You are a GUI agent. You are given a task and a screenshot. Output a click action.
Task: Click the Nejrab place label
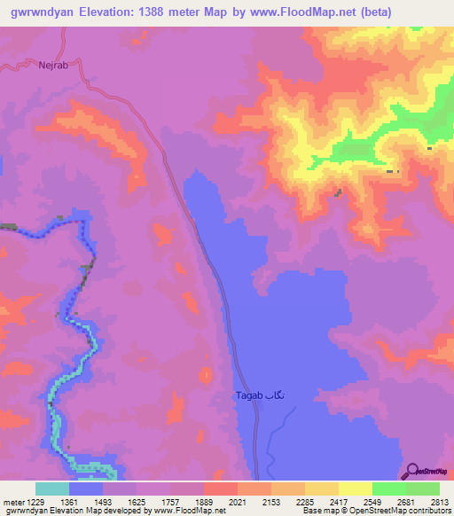coord(53,65)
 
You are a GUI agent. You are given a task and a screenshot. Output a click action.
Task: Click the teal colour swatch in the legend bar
coord(52,489)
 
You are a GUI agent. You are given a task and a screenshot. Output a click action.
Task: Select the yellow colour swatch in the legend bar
coord(356,489)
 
